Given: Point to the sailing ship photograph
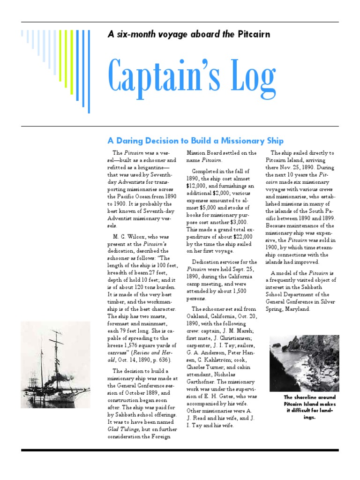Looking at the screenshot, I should click(x=55, y=364).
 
